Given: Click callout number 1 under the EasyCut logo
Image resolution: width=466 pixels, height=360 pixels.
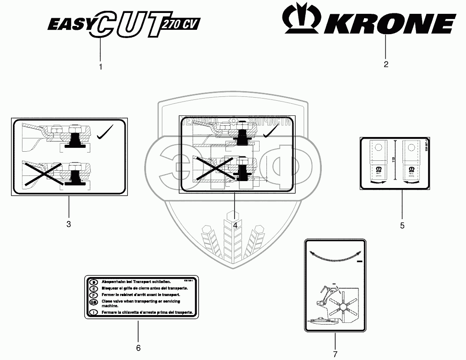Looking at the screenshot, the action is click(x=101, y=67).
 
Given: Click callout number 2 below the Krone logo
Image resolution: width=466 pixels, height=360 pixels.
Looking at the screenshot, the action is click(x=386, y=64).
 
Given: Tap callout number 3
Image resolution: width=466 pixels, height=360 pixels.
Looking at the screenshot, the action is click(x=69, y=224).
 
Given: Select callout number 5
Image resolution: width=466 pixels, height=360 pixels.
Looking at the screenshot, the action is click(x=402, y=225).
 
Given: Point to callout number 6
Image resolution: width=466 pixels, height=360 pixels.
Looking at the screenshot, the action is click(x=138, y=348).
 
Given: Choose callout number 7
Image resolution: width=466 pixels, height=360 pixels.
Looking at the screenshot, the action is click(x=335, y=354).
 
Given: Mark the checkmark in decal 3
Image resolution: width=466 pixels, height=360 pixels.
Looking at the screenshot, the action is click(x=105, y=132).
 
